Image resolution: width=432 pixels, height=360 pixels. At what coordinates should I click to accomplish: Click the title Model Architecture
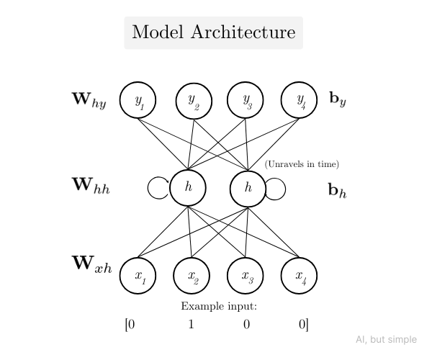tap(214, 32)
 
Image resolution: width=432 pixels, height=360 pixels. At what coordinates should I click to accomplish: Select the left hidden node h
tap(188, 187)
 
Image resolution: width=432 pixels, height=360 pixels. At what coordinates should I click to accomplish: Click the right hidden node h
tap(248, 187)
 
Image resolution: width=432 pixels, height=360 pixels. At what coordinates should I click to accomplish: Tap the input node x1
tap(138, 275)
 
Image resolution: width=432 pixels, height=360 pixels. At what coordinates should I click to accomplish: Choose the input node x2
tap(192, 275)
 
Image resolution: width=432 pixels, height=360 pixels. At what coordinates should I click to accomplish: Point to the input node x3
tap(246, 275)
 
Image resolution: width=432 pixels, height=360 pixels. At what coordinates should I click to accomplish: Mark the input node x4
tap(300, 275)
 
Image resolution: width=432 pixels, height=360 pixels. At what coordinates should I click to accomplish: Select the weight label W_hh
tap(91, 186)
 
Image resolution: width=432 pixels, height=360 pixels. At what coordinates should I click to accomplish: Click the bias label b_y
tap(338, 100)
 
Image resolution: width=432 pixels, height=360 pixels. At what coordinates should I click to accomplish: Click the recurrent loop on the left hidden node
tap(158, 188)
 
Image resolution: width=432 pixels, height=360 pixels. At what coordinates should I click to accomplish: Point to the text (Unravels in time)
tap(302, 164)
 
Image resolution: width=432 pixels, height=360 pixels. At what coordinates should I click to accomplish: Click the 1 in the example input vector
tap(192, 324)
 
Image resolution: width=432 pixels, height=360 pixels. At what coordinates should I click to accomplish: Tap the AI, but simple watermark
tap(386, 340)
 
